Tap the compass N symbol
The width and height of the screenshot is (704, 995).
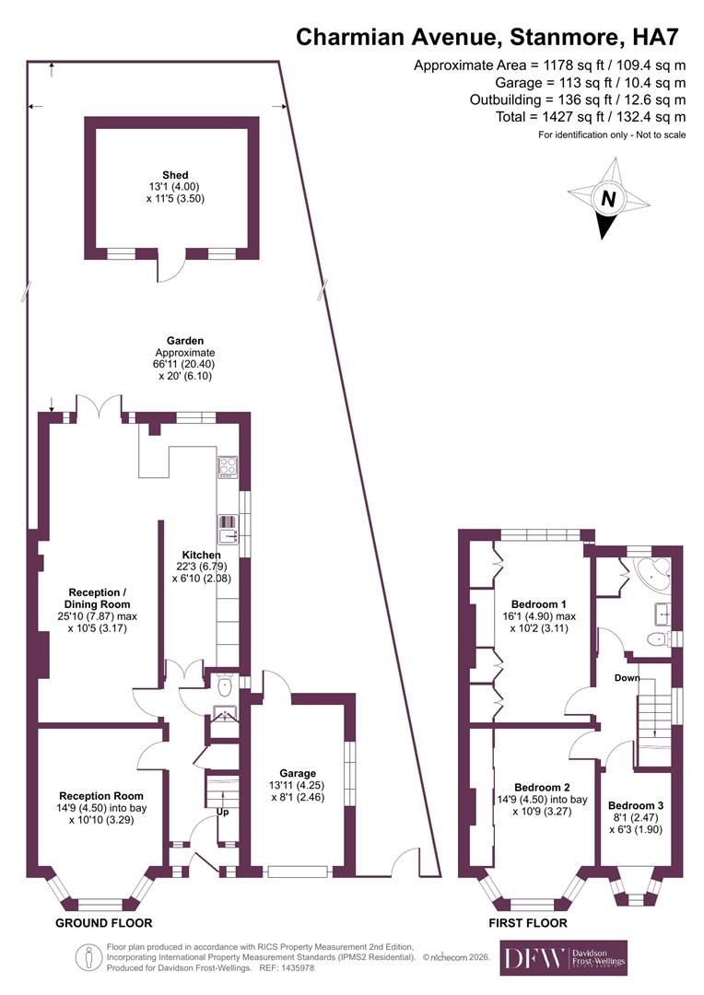click(x=607, y=198)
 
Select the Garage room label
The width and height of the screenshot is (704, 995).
click(x=298, y=773)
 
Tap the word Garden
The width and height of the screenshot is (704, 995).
click(x=185, y=340)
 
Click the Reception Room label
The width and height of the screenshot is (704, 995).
click(x=101, y=795)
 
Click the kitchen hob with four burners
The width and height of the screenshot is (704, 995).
click(x=228, y=467)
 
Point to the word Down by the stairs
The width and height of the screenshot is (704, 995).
click(x=628, y=677)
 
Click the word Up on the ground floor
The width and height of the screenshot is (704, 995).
click(x=222, y=813)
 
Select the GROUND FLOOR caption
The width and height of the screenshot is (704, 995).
click(x=103, y=922)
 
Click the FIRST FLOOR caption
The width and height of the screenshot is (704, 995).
click(x=529, y=922)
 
